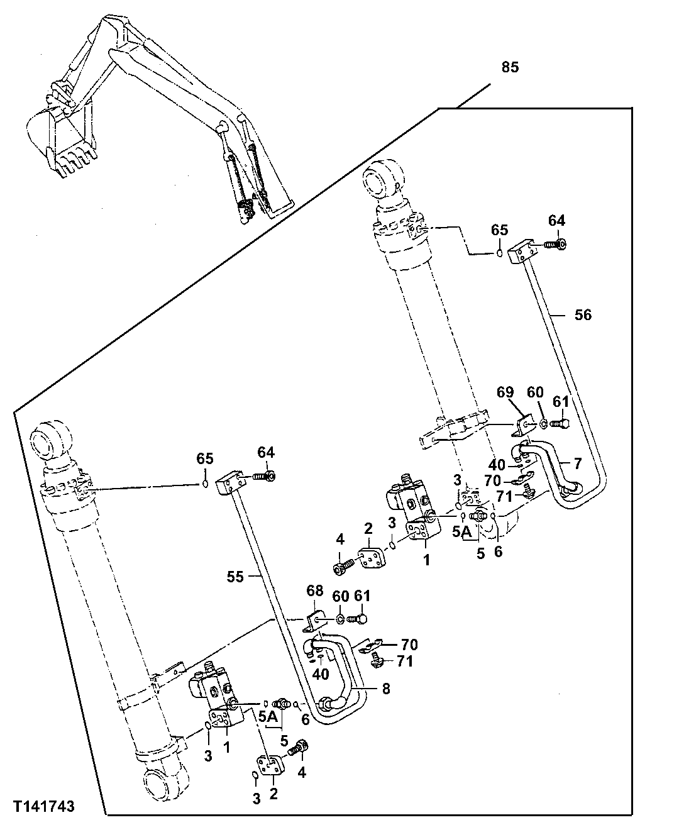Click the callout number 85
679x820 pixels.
pos(510,67)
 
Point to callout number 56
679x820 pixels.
pos(583,314)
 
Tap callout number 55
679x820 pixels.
pos(235,576)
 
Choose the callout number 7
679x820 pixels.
pos(578,463)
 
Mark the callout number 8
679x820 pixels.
pos(386,689)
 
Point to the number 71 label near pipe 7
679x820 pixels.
pos(500,496)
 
